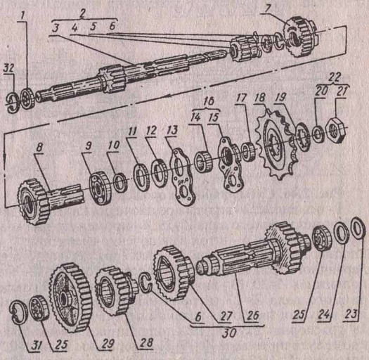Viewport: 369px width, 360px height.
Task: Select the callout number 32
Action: pyautogui.click(x=8, y=68)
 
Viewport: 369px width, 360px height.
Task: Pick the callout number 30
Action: pyautogui.click(x=229, y=333)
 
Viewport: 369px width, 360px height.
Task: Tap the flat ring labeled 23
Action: pyautogui.click(x=358, y=228)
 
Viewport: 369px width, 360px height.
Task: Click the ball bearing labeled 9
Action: pyautogui.click(x=101, y=188)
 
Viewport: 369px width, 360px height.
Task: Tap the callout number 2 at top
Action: pyautogui.click(x=82, y=13)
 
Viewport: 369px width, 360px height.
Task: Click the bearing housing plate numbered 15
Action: pyautogui.click(x=229, y=164)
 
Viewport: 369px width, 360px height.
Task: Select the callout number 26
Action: pyautogui.click(x=253, y=316)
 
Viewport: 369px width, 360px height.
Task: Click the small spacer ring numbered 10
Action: pyautogui.click(x=121, y=181)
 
